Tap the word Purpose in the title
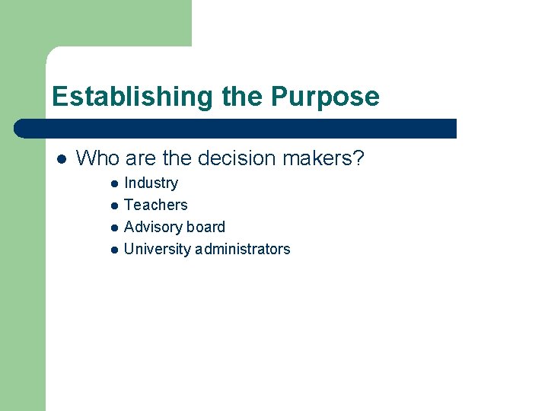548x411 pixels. tap(325, 97)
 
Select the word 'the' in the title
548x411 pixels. tap(243, 97)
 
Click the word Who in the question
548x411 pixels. tap(97, 158)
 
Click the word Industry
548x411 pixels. tap(151, 183)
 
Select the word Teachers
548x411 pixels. tap(155, 205)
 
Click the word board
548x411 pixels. tap(207, 227)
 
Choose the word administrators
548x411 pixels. tap(243, 249)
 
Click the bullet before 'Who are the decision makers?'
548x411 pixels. tap(61, 159)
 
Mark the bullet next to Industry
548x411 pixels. tap(113, 183)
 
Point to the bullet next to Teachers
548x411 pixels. tap(113, 205)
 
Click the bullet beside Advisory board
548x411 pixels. tap(113, 228)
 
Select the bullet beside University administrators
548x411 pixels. tap(113, 250)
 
